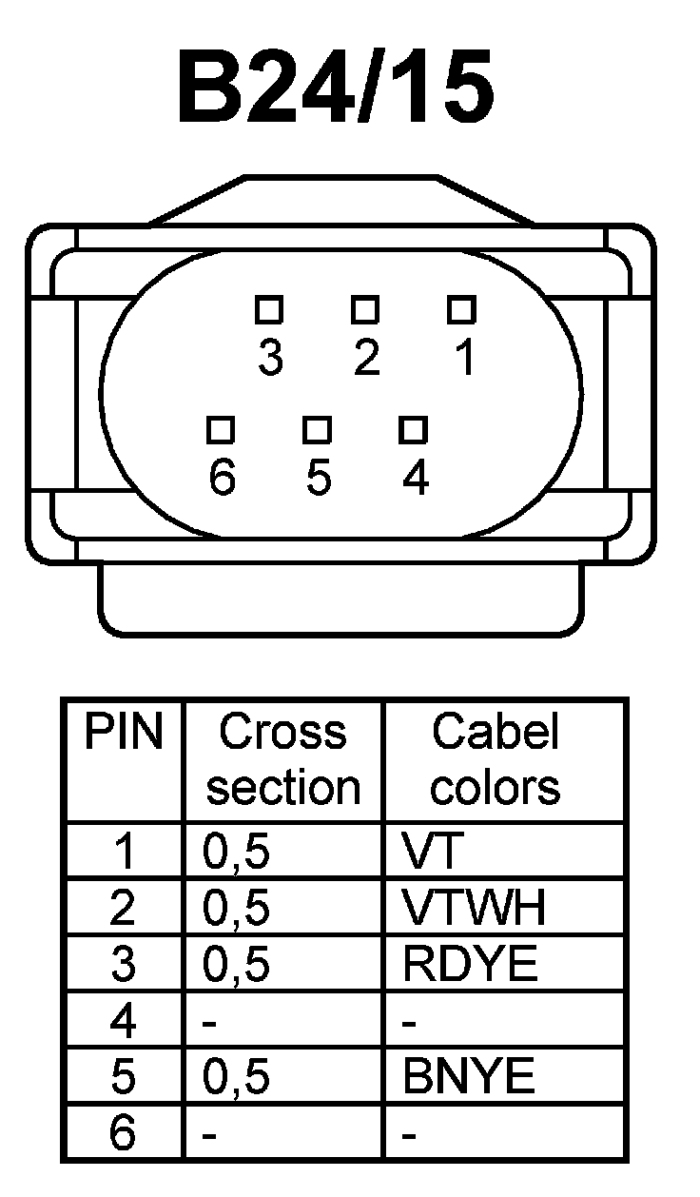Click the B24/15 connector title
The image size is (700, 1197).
coord(337,88)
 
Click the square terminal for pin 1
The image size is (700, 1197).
coord(461,310)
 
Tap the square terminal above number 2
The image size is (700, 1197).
coord(365,310)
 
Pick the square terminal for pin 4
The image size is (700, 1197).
coord(413,431)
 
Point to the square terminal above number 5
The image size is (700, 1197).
coord(318,431)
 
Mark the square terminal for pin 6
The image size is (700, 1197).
coord(222,431)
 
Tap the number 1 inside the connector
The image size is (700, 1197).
coord(463,359)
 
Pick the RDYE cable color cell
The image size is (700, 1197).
coord(470,965)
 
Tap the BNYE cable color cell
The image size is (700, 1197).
coord(469,1077)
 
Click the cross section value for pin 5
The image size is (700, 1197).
coord(237,1077)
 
